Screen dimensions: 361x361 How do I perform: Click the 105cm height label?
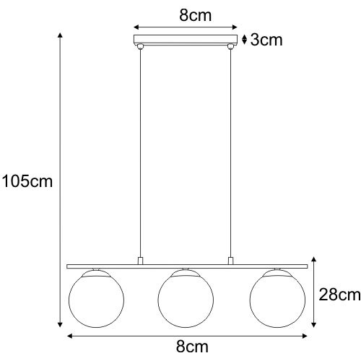click(27, 181)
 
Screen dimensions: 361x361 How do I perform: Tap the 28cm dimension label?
click(339, 295)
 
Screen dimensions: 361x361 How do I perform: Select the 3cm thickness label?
click(266, 40)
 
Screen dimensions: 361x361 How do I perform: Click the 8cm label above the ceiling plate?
click(196, 16)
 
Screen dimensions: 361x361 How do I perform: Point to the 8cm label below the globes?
click(192, 347)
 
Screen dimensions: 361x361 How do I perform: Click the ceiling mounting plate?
click(186, 39)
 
